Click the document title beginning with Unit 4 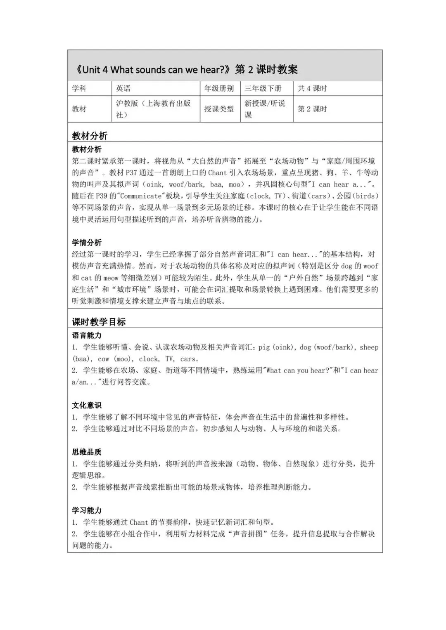click(x=186, y=69)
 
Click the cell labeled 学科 click(x=79, y=88)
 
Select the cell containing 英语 click(x=123, y=88)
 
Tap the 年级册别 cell click(x=219, y=88)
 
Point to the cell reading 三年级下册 click(x=263, y=88)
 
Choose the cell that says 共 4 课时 click(x=312, y=88)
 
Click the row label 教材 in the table click(x=79, y=109)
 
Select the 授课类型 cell click(x=219, y=109)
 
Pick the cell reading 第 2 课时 click(x=312, y=109)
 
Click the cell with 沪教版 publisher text click(x=153, y=109)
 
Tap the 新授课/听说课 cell click(x=265, y=109)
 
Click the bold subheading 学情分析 click(x=87, y=243)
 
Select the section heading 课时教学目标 click(x=99, y=322)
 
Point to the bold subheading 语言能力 click(x=87, y=335)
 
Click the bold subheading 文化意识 click(x=87, y=406)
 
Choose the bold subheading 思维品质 click(x=87, y=452)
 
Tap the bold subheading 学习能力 click(x=87, y=510)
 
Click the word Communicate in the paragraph click(x=141, y=196)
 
